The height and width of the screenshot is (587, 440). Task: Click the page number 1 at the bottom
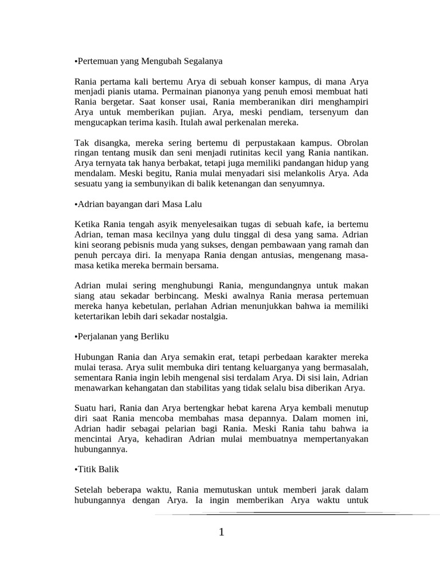click(221, 533)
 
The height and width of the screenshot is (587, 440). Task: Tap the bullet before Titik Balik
click(76, 469)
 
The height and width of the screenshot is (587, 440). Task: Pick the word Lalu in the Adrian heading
click(192, 204)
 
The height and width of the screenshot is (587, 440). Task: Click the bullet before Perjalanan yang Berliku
click(76, 336)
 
